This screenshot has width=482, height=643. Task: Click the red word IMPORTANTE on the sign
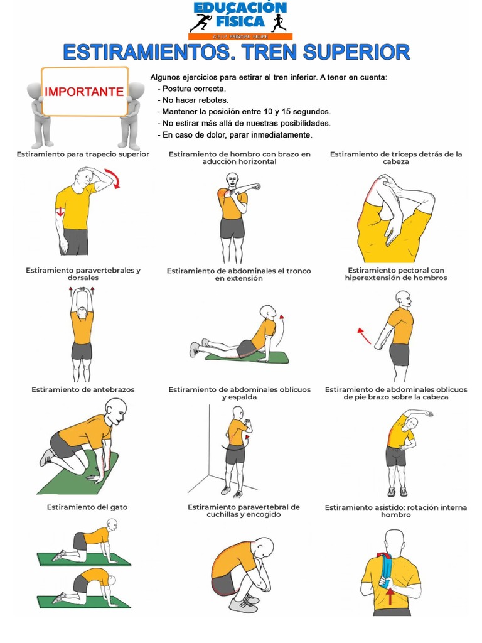(84, 92)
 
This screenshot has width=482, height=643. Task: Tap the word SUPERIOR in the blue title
(356, 52)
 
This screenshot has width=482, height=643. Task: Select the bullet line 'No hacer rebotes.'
(193, 100)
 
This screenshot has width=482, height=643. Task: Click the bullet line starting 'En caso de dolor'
(235, 135)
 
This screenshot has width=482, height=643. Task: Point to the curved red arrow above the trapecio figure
(113, 178)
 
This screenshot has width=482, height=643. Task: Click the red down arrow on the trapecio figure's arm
(61, 212)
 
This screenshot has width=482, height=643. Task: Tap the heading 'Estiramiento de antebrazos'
(83, 389)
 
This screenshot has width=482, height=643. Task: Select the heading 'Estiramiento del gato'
(87, 507)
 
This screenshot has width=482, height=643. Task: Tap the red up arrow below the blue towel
(390, 595)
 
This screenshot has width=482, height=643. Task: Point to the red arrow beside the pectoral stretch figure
(364, 335)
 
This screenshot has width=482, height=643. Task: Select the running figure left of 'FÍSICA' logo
(201, 23)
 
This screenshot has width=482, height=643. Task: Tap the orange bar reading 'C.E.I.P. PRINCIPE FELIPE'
(240, 36)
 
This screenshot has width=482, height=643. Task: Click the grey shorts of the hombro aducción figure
(232, 228)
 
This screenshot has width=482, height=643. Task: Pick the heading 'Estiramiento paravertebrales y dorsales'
(83, 274)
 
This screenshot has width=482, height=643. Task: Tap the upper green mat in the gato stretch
(84, 559)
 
